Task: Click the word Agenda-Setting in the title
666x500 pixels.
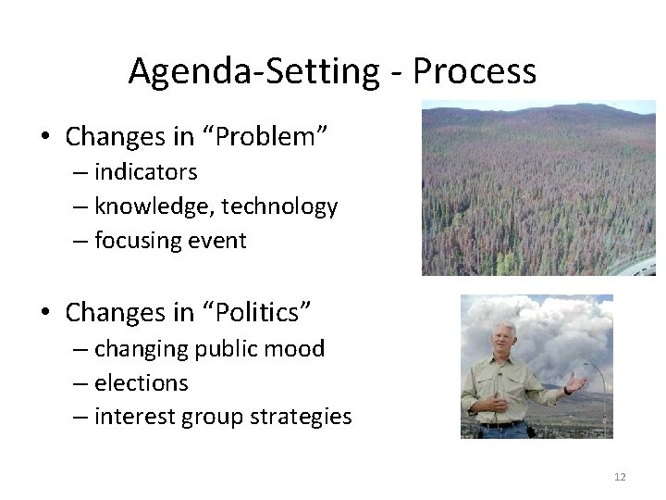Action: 255,70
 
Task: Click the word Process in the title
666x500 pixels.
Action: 475,70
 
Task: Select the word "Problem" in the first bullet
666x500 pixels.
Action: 277,137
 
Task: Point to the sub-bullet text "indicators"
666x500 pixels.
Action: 145,172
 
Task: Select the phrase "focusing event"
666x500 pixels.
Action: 170,241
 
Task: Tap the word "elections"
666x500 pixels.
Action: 141,382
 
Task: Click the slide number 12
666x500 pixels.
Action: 620,477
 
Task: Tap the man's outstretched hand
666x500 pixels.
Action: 578,381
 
